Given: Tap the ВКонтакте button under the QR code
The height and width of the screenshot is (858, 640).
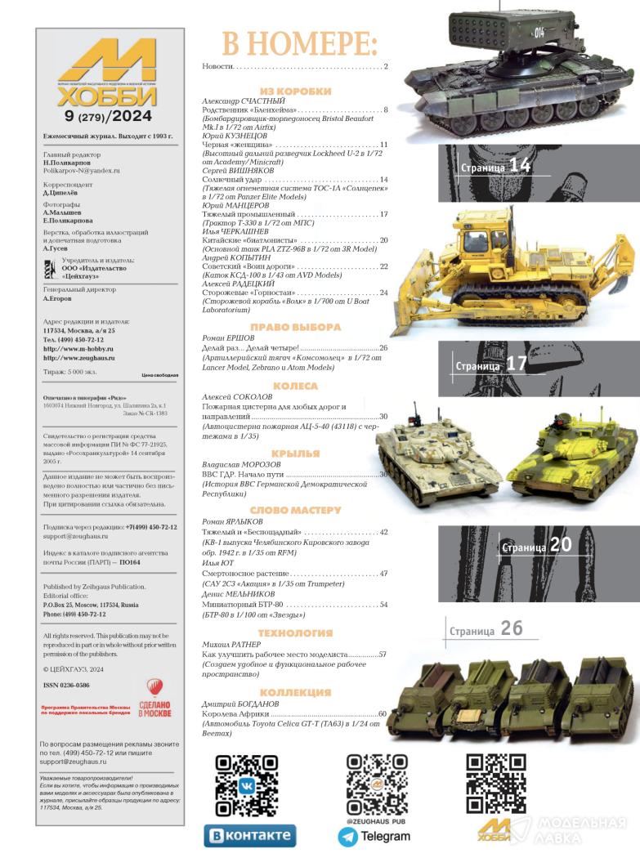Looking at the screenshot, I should (249, 836).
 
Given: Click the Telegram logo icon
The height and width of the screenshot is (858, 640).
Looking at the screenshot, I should (347, 836).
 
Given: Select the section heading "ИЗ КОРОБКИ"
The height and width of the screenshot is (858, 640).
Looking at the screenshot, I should (295, 92).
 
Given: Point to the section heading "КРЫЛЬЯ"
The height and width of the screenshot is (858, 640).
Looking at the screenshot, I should (295, 454).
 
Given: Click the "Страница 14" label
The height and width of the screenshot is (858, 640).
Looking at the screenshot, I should (495, 167).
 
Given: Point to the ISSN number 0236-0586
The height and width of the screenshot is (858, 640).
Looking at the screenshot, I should (66, 685).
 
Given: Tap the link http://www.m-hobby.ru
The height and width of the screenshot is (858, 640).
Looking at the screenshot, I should (78, 348).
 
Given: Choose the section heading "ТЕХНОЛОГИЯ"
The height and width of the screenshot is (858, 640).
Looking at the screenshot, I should (295, 633).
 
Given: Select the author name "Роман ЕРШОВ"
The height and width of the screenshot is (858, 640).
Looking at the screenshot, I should (228, 337).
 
